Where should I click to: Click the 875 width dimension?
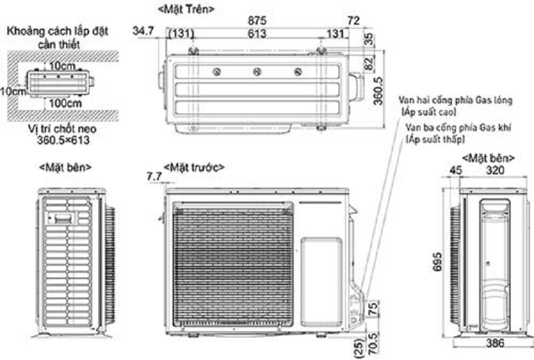coord(257,21)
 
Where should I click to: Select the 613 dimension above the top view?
coord(257,33)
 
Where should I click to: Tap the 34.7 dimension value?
coord(143,31)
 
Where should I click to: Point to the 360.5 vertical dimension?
coord(378,92)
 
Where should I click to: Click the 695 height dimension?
coord(437,262)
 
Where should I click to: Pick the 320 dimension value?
coord(495,170)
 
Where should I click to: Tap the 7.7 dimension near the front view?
coord(154,176)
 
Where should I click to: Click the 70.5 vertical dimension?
coord(373,343)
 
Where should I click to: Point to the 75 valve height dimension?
coord(373,308)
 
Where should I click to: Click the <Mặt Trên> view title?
coord(186,9)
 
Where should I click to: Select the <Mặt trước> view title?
coord(194,168)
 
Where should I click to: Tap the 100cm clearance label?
coord(65,103)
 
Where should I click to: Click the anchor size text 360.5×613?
coord(63,140)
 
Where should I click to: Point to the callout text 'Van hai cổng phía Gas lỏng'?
coord(456,100)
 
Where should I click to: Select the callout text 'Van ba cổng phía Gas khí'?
coord(459,128)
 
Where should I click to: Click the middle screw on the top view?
coord(257,72)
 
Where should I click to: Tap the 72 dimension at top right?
coord(353,21)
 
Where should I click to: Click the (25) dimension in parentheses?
coord(358,347)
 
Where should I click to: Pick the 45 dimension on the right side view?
coord(456,170)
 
